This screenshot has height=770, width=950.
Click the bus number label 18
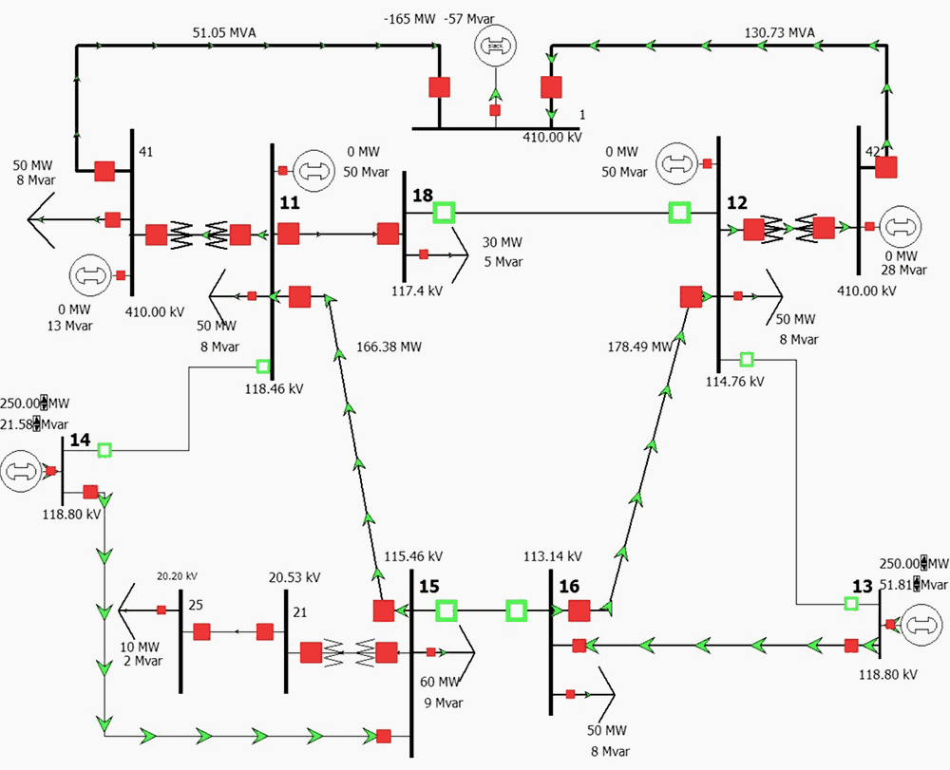tap(422, 196)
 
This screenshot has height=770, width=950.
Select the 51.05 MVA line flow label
tap(224, 32)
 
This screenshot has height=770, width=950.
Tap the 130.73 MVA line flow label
tap(780, 32)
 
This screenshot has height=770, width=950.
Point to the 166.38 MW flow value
tap(389, 347)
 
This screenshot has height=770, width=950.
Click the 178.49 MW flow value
tap(639, 347)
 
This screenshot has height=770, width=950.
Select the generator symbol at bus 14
tap(21, 471)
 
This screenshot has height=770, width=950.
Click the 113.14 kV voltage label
tap(552, 556)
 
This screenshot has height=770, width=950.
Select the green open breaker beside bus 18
tap(444, 213)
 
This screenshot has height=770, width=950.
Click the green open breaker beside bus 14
tap(104, 449)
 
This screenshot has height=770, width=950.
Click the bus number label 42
tap(872, 150)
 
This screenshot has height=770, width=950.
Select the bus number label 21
tap(299, 611)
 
